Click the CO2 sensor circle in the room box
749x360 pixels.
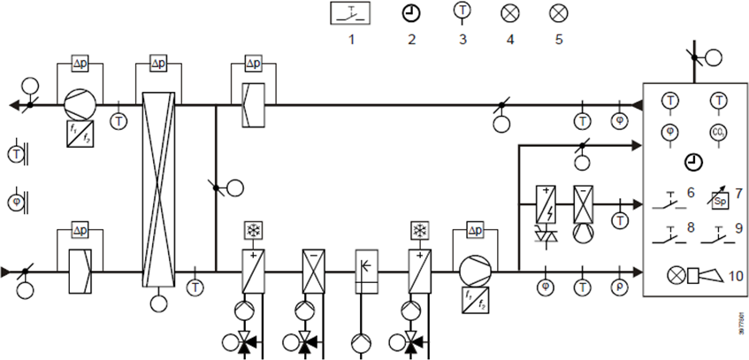[x=717, y=132]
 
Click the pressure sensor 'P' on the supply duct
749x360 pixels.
[x=618, y=287]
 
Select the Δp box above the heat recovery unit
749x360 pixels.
[x=158, y=65]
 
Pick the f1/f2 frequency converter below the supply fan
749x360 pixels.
[x=474, y=296]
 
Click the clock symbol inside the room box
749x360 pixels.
[x=693, y=162]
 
